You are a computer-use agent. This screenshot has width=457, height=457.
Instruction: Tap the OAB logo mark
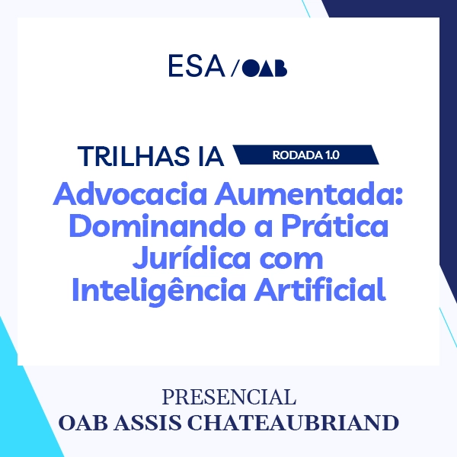pyautogui.click(x=265, y=68)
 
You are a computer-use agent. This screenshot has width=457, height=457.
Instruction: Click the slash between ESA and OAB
pyautogui.click(x=234, y=68)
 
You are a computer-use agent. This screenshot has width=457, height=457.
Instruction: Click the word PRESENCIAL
pyautogui.click(x=228, y=398)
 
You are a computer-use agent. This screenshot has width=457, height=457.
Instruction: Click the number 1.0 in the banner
pyautogui.click(x=331, y=155)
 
